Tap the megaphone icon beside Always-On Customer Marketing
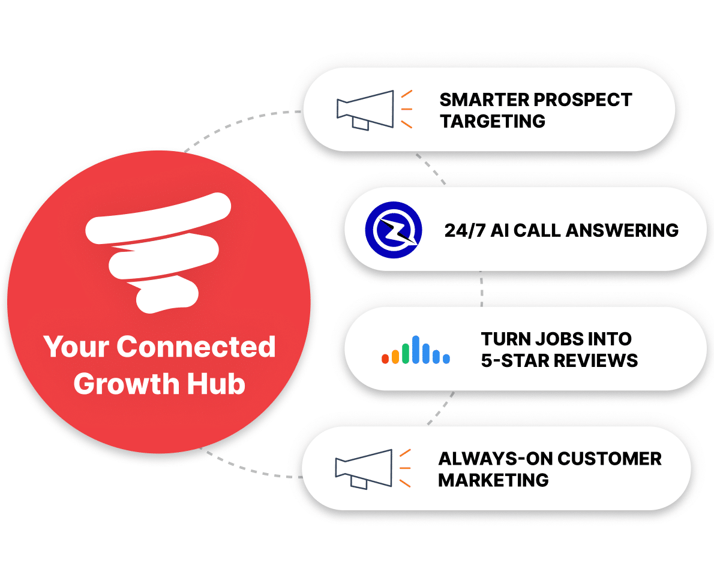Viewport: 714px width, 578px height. tap(373, 469)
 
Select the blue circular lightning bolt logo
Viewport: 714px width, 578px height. tap(394, 230)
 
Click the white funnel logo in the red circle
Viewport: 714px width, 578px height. tap(158, 253)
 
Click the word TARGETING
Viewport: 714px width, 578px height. tap(492, 121)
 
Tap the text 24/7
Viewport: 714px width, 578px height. tap(465, 230)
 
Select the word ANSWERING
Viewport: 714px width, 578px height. tap(622, 230)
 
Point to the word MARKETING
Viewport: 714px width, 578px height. tap(493, 480)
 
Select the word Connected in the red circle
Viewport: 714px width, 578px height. tap(196, 347)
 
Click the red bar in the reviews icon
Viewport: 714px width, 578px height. tap(385, 358)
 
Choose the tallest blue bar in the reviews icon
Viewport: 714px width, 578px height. tap(416, 350)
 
